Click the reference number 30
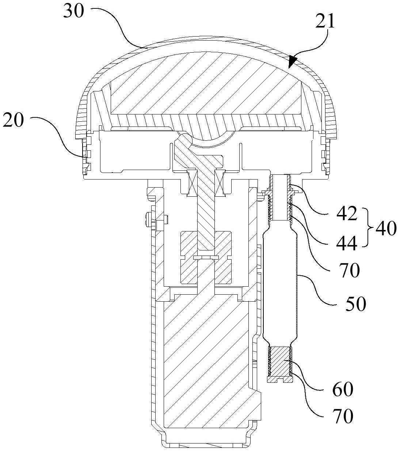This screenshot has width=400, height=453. (74, 11)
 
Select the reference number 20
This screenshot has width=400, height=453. (14, 120)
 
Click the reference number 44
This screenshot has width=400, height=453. (347, 244)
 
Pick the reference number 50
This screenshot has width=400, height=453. (356, 304)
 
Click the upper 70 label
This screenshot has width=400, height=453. (349, 270)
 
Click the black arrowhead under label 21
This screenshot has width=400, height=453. (293, 62)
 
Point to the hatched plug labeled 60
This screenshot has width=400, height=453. (281, 364)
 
